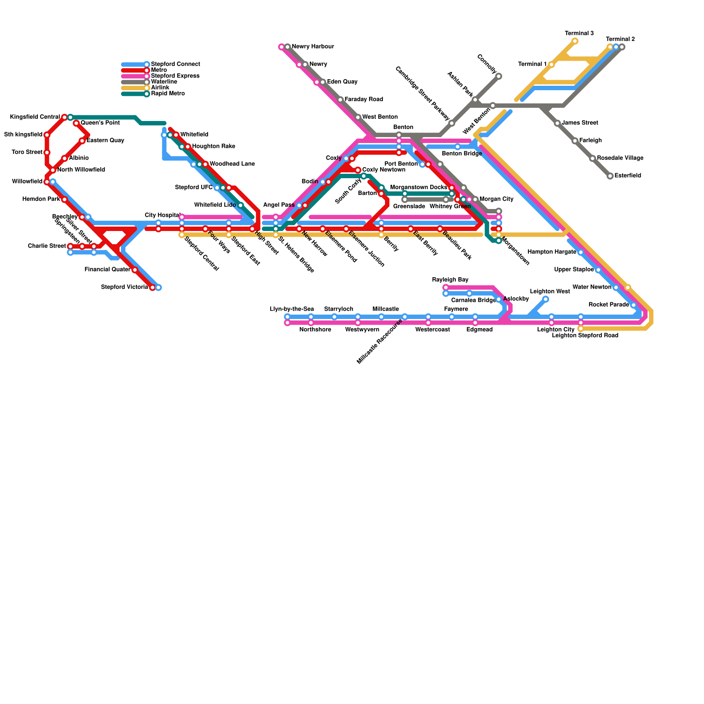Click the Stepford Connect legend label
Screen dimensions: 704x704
point(175,64)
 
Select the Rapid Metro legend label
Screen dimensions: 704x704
point(168,94)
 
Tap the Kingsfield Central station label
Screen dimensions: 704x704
point(35,117)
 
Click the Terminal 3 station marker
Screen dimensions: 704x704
point(575,41)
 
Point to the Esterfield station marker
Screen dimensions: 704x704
point(610,176)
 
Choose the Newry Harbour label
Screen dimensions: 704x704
point(313,47)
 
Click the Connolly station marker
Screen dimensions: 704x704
point(499,77)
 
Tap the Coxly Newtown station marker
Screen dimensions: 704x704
point(358,170)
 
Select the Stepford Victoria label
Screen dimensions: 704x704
point(125,287)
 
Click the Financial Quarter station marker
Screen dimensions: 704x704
point(135,270)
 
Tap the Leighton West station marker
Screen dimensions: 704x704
point(546,299)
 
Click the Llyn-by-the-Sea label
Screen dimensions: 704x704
point(292,309)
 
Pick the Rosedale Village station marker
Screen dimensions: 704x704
point(592,158)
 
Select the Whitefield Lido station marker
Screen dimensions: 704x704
point(240,205)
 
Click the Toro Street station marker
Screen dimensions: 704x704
point(47,153)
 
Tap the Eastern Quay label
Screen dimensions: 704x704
point(105,141)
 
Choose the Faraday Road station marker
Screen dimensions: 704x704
point(340,100)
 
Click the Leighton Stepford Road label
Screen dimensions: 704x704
point(585,336)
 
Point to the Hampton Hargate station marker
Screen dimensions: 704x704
point(580,252)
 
